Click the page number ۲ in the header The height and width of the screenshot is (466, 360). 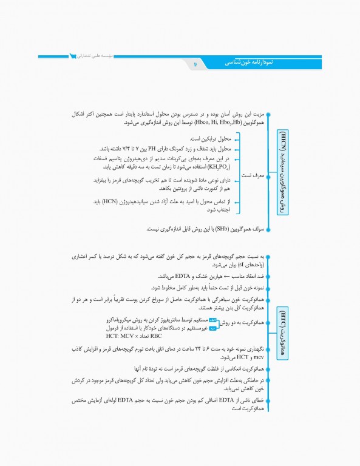195,62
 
